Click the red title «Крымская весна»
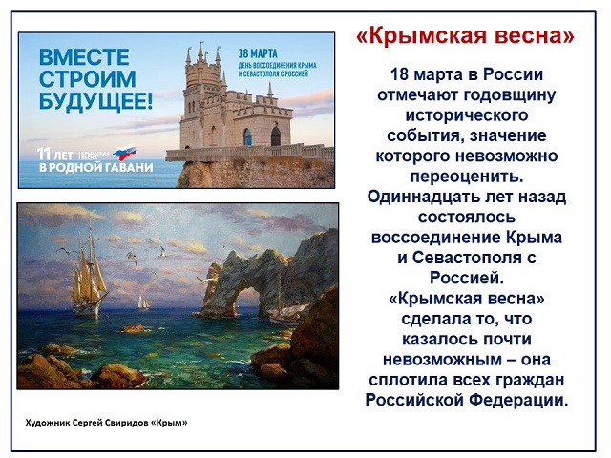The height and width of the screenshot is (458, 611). click(x=465, y=36)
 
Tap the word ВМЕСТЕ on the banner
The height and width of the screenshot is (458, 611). click(x=84, y=57)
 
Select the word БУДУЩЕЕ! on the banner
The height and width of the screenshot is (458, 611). click(x=95, y=101)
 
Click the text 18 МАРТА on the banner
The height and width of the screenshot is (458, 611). click(x=258, y=53)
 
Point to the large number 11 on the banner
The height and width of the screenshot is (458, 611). click(x=44, y=154)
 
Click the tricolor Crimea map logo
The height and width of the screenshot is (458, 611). click(x=124, y=153)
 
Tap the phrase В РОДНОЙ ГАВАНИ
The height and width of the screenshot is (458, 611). click(x=95, y=168)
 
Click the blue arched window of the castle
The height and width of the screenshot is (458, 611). click(x=247, y=136)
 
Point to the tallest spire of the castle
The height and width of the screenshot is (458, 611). click(x=201, y=51)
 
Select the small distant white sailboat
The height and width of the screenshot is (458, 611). click(x=143, y=302)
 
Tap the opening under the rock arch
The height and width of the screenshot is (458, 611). click(x=246, y=301)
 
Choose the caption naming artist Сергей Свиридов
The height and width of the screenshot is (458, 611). click(x=106, y=423)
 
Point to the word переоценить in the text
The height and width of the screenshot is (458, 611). click(x=467, y=177)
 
